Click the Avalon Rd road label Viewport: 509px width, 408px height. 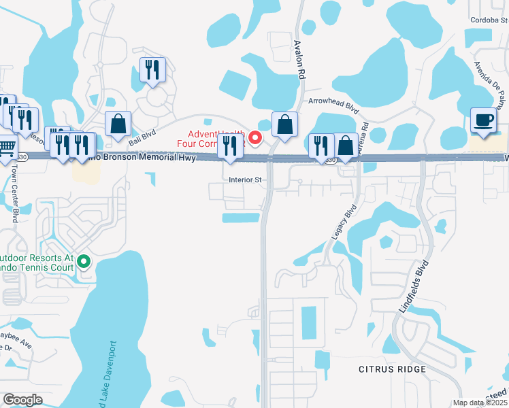pyautogui.click(x=297, y=59)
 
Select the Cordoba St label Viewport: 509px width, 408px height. pyautogui.click(x=489, y=20)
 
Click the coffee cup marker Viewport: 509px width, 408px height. pyautogui.click(x=484, y=121)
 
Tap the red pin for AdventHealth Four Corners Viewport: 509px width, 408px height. pyautogui.click(x=256, y=138)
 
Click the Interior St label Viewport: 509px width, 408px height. pyautogui.click(x=246, y=180)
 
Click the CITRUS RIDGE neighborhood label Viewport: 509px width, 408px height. pyautogui.click(x=393, y=369)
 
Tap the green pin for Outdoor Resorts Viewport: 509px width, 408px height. pyautogui.click(x=84, y=261)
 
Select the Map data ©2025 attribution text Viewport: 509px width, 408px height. pyautogui.click(x=480, y=403)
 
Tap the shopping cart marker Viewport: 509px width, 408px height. pyautogui.click(x=6, y=147)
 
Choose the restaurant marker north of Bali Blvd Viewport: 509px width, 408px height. pyautogui.click(x=152, y=70)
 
